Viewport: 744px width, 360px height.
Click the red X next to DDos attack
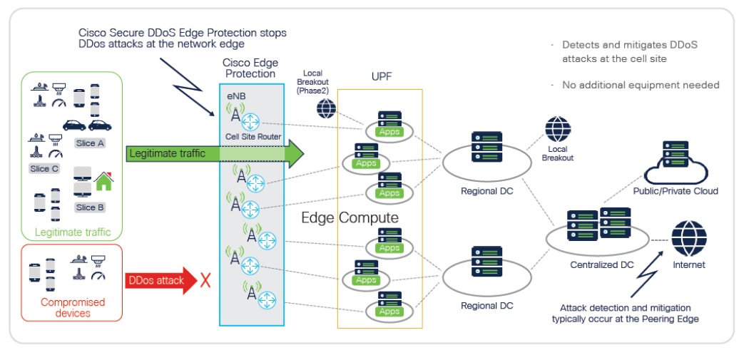tap(205, 280)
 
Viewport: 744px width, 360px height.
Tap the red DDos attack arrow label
tap(156, 280)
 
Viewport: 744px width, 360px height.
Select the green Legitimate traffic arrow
tap(214, 153)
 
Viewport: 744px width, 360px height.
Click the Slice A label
tap(90, 143)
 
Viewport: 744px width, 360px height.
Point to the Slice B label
tap(90, 207)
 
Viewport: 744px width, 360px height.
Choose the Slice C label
tap(44, 169)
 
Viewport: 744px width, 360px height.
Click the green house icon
tap(104, 182)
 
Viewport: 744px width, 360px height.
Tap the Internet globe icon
tap(688, 239)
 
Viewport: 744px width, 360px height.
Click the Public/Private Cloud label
tap(675, 191)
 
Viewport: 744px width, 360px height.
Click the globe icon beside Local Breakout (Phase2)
tap(326, 108)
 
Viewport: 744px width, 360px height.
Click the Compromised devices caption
tap(72, 307)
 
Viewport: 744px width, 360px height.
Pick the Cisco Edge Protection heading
tap(250, 68)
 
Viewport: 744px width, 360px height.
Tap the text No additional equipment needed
tap(641, 85)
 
